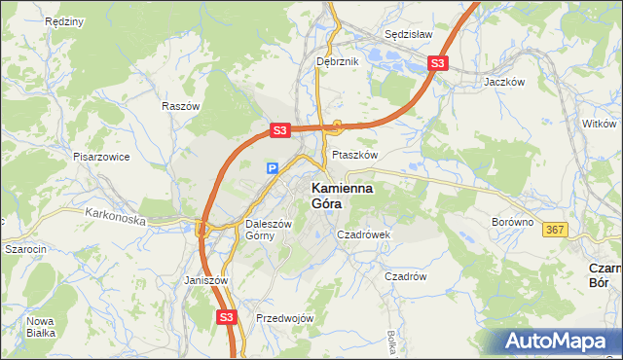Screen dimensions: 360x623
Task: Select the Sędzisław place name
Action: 408,33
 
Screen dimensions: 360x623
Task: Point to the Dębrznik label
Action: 338,61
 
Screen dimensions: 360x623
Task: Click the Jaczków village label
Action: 505,83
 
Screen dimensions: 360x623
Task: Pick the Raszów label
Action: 181,106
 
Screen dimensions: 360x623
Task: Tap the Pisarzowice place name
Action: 101,156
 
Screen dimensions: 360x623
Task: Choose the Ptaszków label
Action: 354,155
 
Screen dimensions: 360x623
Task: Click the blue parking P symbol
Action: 273,168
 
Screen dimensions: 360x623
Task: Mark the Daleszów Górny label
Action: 268,229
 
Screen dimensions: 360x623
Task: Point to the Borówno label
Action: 513,222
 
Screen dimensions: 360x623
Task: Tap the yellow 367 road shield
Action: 555,230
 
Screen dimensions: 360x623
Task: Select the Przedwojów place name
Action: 284,318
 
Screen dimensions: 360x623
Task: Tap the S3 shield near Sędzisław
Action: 437,64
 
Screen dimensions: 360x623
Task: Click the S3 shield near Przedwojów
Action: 227,316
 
